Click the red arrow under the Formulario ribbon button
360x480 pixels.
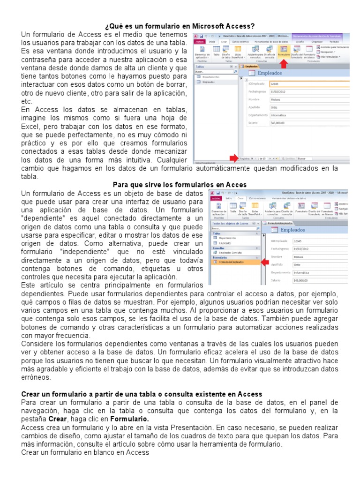tap(284, 64)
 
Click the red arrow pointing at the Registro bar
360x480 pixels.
tap(232, 158)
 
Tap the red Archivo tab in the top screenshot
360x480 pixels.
tap(199, 41)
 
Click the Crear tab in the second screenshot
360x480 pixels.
tap(241, 198)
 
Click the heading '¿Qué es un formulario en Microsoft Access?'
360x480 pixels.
tap(180, 26)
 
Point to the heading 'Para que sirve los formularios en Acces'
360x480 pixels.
tap(180, 185)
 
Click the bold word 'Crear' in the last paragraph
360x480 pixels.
tap(58, 419)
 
